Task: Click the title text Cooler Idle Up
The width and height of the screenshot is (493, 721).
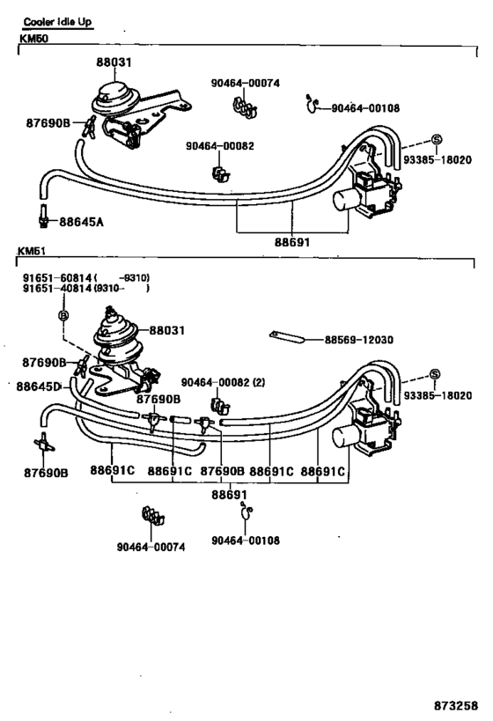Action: [x=57, y=21]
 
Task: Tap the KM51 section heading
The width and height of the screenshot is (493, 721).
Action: [x=31, y=251]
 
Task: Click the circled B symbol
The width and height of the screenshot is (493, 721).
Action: [x=63, y=314]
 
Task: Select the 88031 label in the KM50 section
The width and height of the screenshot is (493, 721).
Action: [x=116, y=63]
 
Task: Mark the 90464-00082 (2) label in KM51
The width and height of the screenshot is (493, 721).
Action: [x=223, y=383]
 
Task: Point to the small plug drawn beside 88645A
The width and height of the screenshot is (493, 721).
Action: [x=42, y=214]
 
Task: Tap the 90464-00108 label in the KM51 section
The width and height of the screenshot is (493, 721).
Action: [x=246, y=541]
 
